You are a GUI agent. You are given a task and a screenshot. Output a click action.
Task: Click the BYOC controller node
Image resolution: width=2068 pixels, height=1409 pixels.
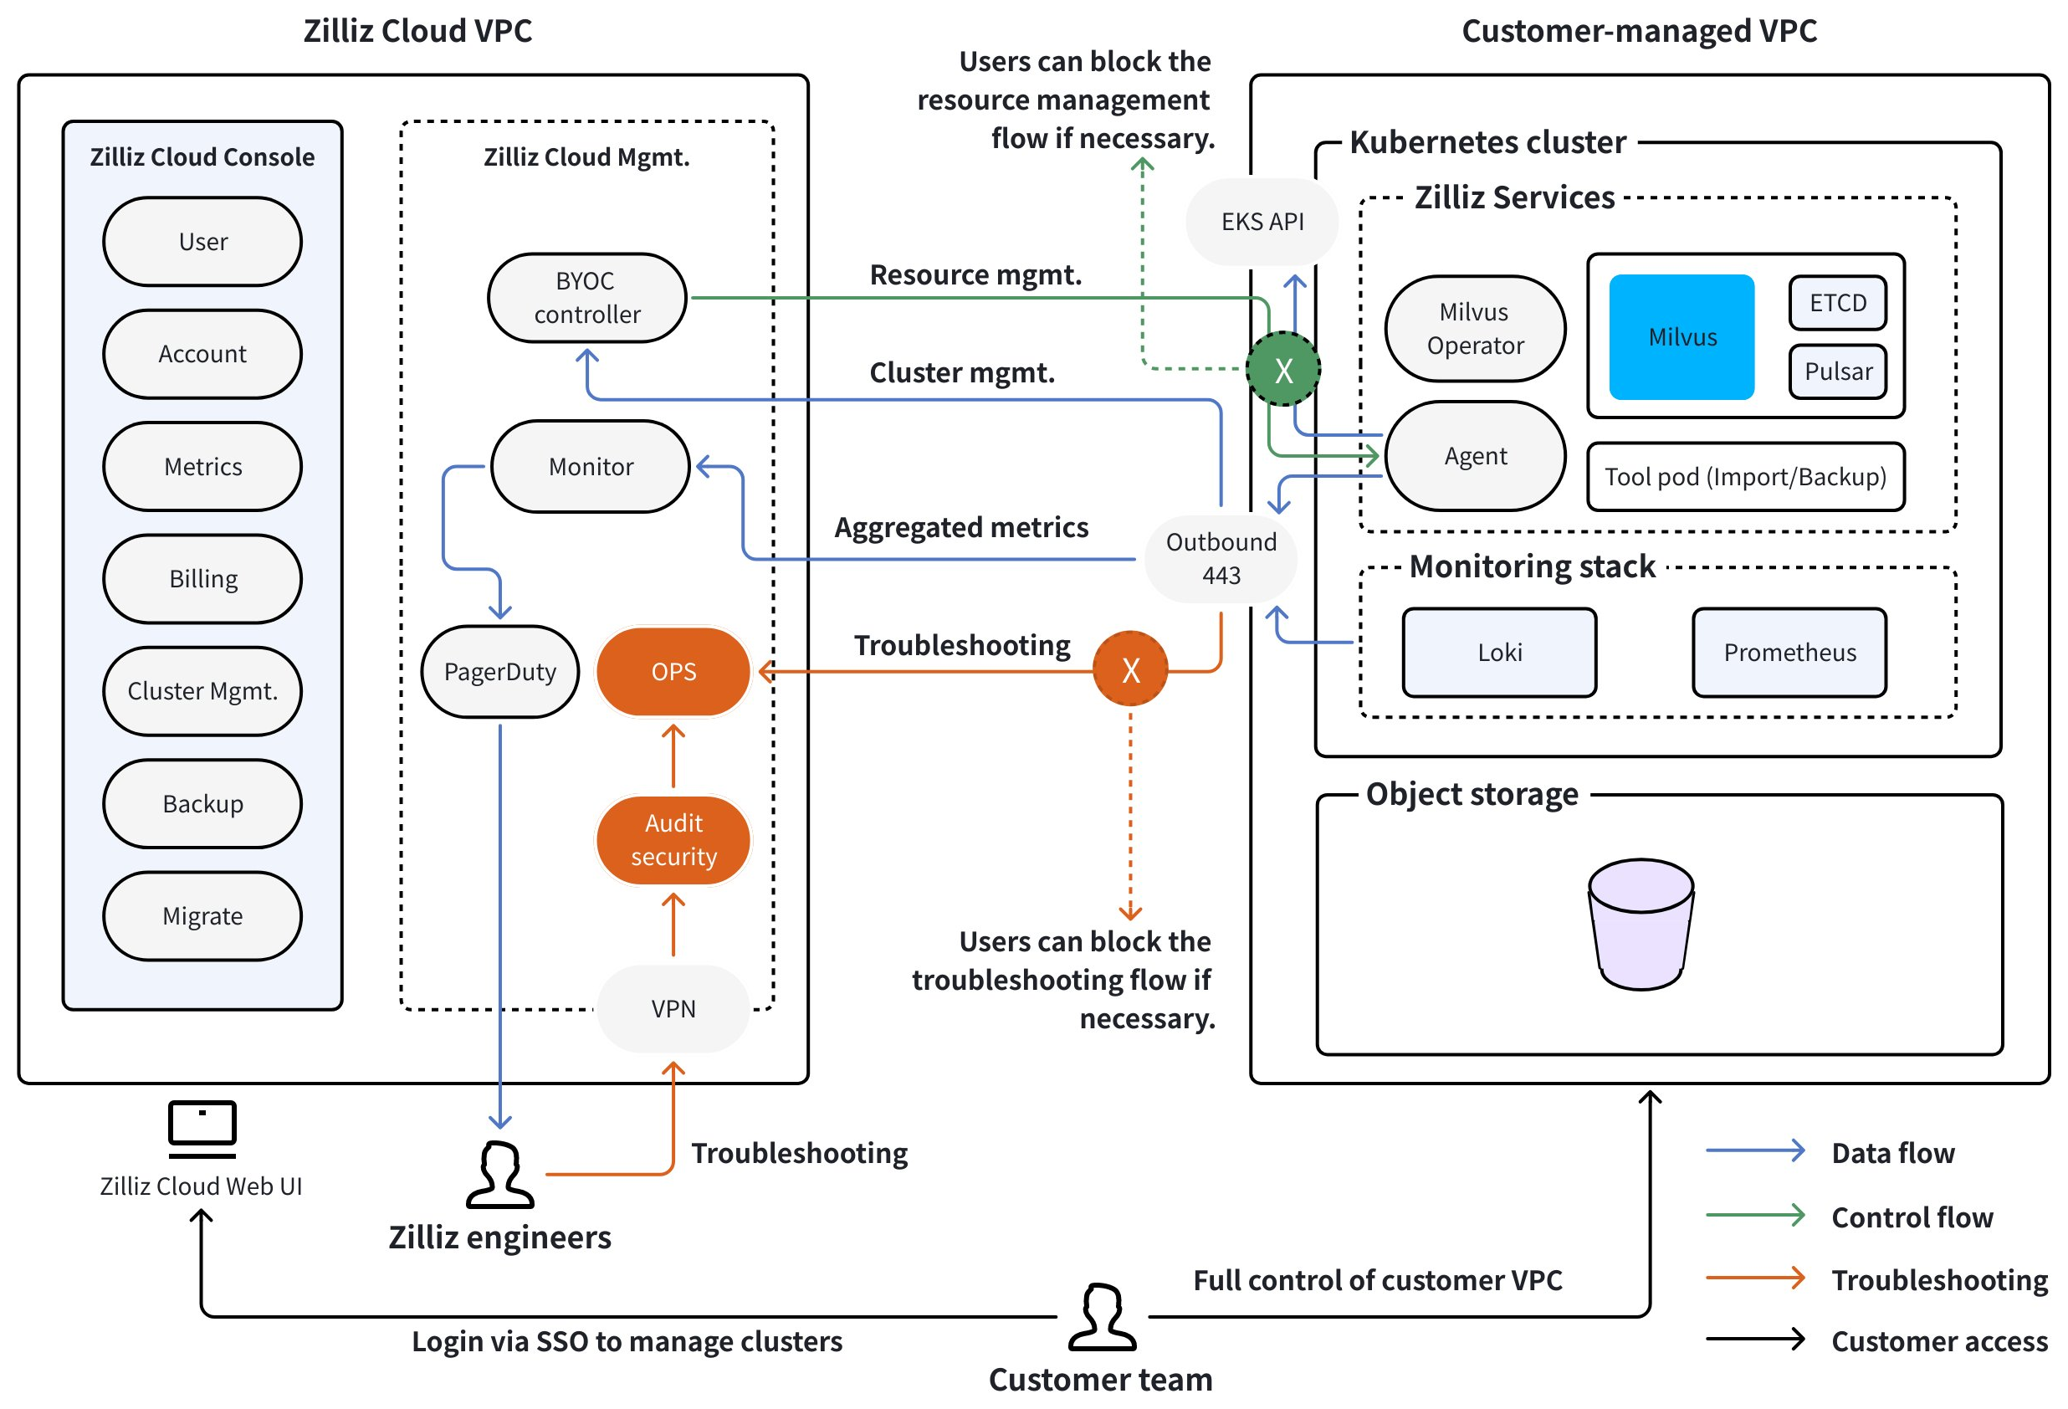coord(586,298)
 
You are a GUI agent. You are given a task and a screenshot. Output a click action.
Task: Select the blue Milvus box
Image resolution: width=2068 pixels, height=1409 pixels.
coord(1681,336)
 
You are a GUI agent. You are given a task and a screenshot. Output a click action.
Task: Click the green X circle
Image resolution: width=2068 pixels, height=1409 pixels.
coord(1282,369)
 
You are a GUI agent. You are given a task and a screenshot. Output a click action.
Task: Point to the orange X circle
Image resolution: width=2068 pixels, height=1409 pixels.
coord(1130,669)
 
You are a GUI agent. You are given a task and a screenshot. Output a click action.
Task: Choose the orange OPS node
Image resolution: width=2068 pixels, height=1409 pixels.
coord(673,671)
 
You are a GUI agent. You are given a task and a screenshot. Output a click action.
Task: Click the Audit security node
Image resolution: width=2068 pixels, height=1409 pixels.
coord(673,839)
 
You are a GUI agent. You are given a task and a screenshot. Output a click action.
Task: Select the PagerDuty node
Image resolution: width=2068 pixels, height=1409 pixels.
coord(500,671)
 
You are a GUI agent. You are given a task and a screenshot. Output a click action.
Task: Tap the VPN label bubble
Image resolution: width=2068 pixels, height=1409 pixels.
coord(673,1008)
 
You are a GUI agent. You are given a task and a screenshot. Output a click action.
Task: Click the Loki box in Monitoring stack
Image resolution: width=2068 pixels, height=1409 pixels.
coord(1499,653)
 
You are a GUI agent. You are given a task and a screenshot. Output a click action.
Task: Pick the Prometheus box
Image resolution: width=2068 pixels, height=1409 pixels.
coord(1789,653)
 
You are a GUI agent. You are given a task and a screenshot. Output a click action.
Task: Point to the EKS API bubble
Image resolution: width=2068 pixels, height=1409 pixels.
coord(1262,222)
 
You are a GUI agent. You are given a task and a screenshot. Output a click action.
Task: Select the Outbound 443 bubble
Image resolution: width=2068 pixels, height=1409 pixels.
coord(1221,559)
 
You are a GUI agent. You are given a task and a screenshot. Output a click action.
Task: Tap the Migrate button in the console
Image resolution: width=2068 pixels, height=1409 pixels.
coord(203,916)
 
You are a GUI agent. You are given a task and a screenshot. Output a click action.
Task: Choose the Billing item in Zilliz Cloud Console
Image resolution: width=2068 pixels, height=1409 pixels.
coord(203,578)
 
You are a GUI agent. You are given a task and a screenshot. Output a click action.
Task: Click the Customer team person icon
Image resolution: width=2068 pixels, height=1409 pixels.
coord(1102,1317)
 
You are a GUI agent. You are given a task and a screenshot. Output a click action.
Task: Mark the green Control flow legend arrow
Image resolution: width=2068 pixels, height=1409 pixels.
coord(1755,1215)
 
